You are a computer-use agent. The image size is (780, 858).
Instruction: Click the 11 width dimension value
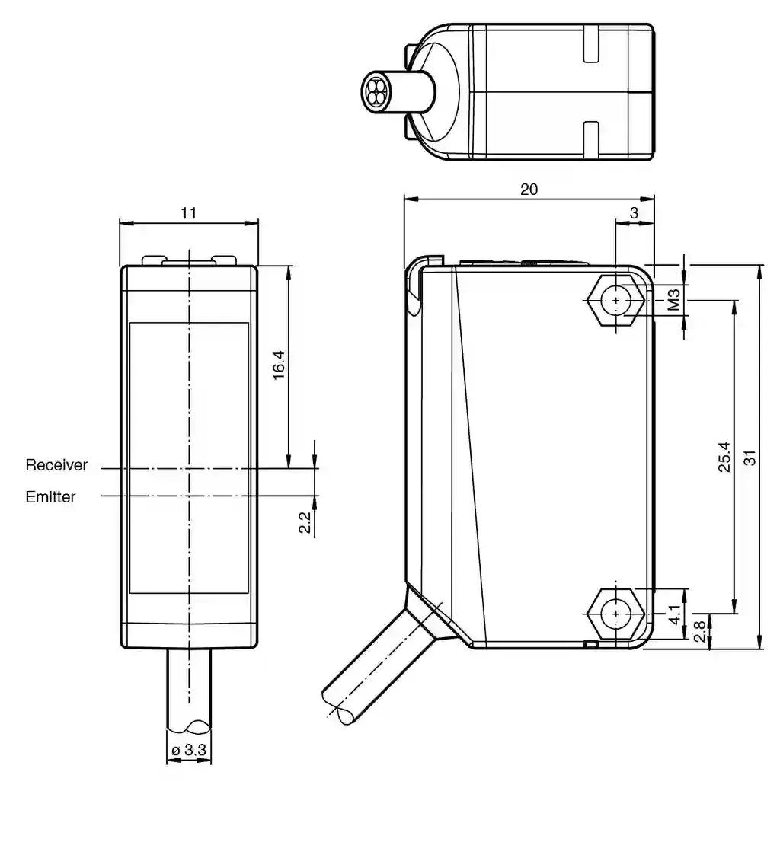(x=189, y=213)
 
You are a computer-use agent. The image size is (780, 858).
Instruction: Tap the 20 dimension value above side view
(x=529, y=190)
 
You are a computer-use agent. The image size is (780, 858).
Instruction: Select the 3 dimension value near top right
(x=634, y=213)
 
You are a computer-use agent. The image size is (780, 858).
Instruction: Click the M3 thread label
(x=674, y=300)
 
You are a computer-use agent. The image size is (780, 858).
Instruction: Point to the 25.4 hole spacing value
(x=724, y=457)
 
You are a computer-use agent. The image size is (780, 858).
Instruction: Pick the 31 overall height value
(x=750, y=458)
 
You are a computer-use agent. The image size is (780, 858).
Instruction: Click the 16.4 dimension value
(x=279, y=365)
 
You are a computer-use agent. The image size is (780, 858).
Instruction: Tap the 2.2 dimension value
(x=305, y=522)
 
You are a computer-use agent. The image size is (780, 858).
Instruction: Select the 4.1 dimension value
(x=675, y=614)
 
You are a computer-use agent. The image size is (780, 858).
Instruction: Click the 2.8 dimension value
(x=700, y=632)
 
